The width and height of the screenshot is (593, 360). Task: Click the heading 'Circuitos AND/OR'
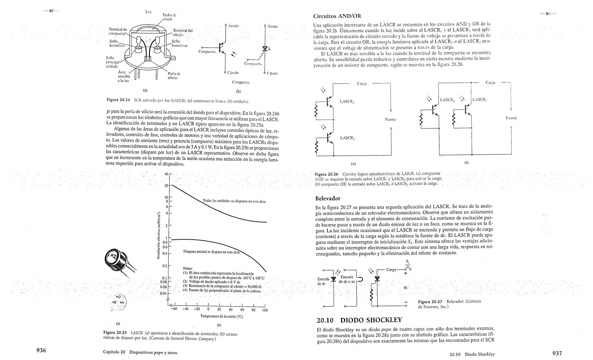tap(337, 16)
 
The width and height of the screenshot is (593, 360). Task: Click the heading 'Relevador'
tap(327, 199)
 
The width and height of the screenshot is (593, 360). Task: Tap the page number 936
tap(41, 350)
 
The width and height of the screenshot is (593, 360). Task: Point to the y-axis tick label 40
tap(166, 174)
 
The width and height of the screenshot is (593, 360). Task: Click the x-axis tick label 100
tap(265, 310)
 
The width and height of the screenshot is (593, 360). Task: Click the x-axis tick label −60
tap(174, 309)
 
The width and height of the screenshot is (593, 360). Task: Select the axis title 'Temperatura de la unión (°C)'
tap(222, 317)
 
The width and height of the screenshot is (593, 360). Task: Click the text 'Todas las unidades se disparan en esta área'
tap(234, 201)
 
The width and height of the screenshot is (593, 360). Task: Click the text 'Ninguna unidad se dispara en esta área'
tap(211, 252)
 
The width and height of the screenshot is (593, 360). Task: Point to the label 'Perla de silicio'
tap(174, 76)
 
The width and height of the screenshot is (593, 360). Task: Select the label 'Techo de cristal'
tap(169, 17)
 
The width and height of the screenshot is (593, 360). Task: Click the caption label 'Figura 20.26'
tap(326, 175)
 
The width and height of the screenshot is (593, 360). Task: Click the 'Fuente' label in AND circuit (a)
tap(390, 120)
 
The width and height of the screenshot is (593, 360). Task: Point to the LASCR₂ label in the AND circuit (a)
tap(347, 138)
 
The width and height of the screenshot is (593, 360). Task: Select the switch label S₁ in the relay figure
tap(407, 262)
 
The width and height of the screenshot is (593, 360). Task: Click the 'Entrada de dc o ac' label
tap(347, 279)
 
